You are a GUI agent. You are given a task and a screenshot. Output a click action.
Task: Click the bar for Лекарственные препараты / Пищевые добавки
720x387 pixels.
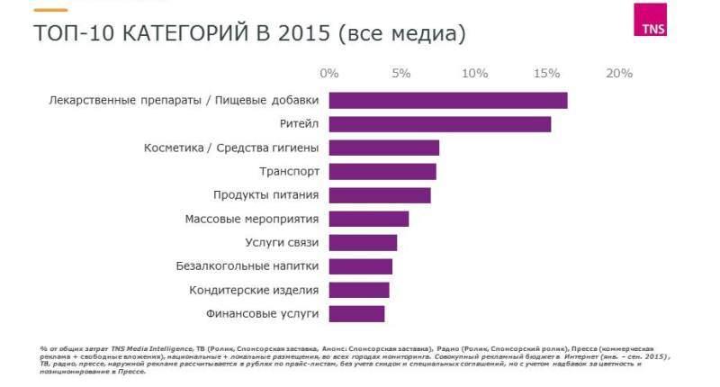tap(447, 100)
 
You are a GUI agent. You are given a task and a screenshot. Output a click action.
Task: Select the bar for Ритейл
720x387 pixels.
tap(439, 124)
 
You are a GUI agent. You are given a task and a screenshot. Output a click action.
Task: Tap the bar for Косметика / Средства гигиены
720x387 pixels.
tap(383, 148)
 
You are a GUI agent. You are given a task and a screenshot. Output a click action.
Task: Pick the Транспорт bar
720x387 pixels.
tap(382, 171)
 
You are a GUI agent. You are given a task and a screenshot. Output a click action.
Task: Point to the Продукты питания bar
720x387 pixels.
tap(379, 195)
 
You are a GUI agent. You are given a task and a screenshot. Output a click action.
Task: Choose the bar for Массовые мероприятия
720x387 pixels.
tap(368, 219)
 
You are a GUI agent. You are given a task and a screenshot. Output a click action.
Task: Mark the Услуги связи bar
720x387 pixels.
tap(362, 243)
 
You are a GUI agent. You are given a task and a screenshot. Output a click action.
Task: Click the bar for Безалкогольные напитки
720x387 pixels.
tap(360, 266)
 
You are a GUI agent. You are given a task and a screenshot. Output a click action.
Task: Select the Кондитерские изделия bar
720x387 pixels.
tap(358, 290)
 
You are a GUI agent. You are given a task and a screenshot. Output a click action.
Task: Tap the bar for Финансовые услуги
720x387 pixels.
tap(356, 314)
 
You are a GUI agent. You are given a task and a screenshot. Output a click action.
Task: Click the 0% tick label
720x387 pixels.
tap(329, 73)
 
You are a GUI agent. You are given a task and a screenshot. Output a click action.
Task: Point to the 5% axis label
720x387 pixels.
tap(401, 73)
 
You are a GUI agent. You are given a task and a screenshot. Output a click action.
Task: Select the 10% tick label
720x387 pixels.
tap(474, 73)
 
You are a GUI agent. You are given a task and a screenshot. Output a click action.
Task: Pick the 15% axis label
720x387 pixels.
tap(547, 73)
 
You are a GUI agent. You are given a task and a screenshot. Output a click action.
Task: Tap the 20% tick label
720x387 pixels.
tap(620, 73)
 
